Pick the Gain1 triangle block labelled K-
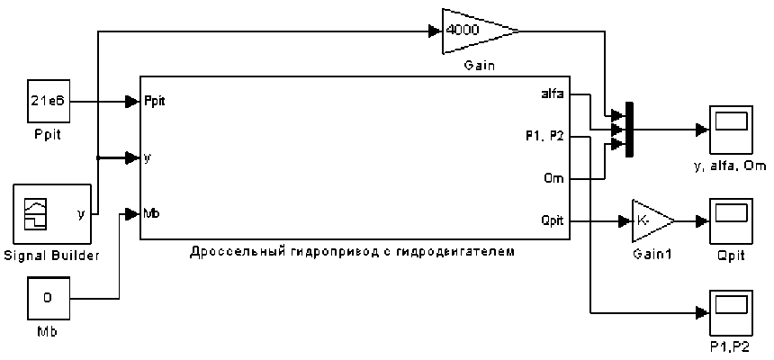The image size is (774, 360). [650, 220]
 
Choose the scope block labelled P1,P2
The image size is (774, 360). [731, 311]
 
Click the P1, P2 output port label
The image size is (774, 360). [544, 137]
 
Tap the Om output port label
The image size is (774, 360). [554, 179]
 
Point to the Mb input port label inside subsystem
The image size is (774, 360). [152, 213]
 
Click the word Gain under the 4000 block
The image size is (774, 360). [480, 66]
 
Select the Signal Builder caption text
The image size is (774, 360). [50, 256]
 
